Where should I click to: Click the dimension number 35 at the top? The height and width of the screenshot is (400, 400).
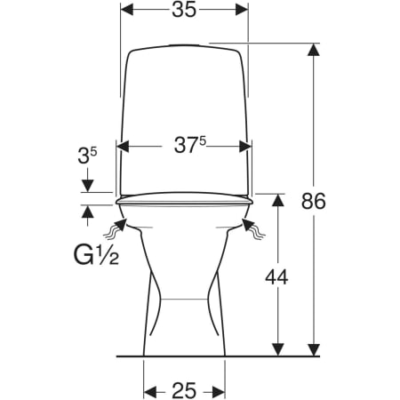(x=184, y=10)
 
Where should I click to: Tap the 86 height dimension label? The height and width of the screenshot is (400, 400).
(x=314, y=201)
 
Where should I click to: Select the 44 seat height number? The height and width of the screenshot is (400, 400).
(x=276, y=277)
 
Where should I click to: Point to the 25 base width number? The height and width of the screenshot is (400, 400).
(x=184, y=390)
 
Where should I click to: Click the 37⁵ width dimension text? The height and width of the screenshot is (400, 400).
(x=189, y=145)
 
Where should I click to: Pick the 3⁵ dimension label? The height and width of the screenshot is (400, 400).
(x=87, y=156)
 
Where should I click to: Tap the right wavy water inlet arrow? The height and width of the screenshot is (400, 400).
(x=253, y=228)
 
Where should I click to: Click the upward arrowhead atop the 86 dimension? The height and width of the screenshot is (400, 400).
(x=314, y=49)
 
